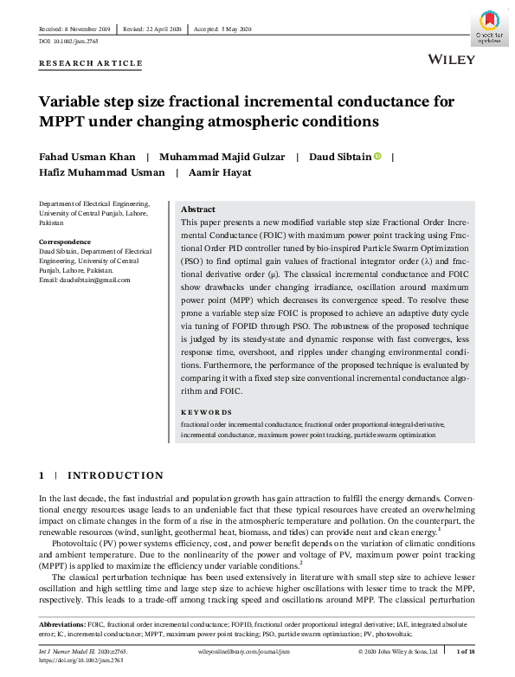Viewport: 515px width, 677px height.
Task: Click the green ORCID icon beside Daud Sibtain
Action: pos(378,157)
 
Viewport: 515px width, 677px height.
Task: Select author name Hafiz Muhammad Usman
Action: pos(102,172)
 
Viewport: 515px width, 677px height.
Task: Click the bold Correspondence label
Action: pos(65,242)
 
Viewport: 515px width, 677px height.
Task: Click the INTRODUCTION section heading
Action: pos(114,475)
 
